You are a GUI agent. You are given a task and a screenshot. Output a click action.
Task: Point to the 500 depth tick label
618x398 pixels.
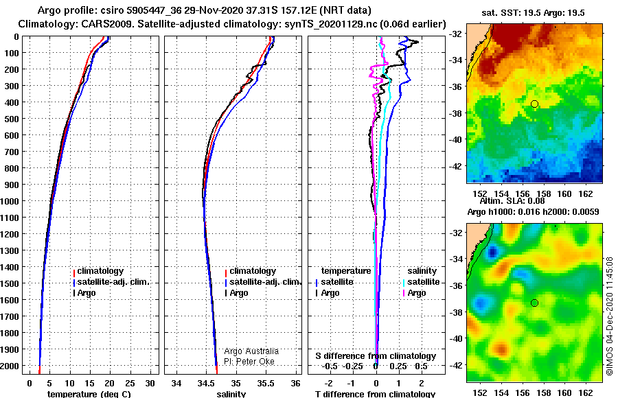coord(12,119)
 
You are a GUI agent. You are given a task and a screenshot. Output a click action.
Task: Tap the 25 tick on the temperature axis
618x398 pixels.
coord(130,383)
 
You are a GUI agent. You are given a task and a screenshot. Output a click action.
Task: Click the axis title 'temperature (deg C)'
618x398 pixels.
coord(89,394)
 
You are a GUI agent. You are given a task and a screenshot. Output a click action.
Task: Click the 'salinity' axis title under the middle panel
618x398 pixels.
coord(231,394)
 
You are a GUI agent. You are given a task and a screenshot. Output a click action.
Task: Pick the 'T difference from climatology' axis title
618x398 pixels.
coord(375,394)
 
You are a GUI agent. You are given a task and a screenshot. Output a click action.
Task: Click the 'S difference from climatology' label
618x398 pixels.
coord(376,356)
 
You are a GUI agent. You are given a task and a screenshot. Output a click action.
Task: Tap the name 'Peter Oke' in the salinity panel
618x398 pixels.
coord(255,362)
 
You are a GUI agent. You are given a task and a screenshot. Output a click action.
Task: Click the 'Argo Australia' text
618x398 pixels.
coord(251,351)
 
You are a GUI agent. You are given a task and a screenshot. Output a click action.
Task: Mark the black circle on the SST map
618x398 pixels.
coord(534,104)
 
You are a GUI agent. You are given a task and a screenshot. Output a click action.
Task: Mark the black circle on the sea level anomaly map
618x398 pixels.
coord(534,303)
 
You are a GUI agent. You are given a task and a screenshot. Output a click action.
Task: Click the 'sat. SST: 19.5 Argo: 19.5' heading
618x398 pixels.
coord(533,13)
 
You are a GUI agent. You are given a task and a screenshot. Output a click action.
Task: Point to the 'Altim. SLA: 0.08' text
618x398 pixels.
coord(512,201)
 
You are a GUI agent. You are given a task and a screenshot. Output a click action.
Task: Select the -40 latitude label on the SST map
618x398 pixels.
coord(456,139)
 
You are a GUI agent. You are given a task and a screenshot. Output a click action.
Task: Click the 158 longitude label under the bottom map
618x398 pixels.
coord(544,393)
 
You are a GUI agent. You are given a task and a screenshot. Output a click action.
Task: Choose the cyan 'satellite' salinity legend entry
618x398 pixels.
coord(422,282)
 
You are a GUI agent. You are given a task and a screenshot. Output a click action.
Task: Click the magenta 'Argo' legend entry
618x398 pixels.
coord(414,293)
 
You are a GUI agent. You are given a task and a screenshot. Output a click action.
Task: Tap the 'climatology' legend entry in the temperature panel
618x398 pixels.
coord(98,271)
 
